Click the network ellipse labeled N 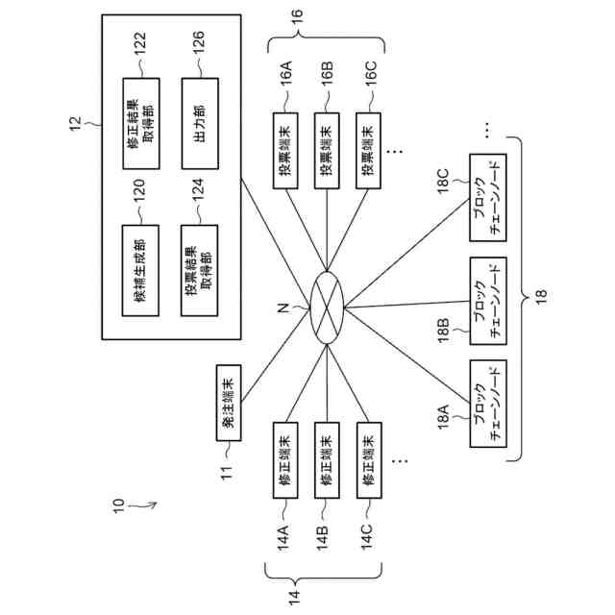click(327, 307)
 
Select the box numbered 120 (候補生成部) click(140, 271)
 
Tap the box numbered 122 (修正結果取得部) click(141, 124)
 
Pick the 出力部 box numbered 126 click(200, 124)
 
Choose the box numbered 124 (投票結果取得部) click(199, 271)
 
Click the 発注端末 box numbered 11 click(229, 403)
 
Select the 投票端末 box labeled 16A click(285, 151)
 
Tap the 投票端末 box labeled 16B click(327, 151)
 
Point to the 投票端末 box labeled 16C click(368, 151)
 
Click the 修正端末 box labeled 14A click(285, 460)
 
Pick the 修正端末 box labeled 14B click(327, 460)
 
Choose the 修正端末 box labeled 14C click(369, 460)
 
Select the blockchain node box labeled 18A click(488, 404)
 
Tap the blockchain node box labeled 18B click(488, 301)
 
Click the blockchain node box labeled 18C click(488, 198)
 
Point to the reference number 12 click(75, 124)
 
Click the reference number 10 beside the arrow click(118, 505)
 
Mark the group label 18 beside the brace click(541, 297)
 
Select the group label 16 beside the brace click(297, 17)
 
